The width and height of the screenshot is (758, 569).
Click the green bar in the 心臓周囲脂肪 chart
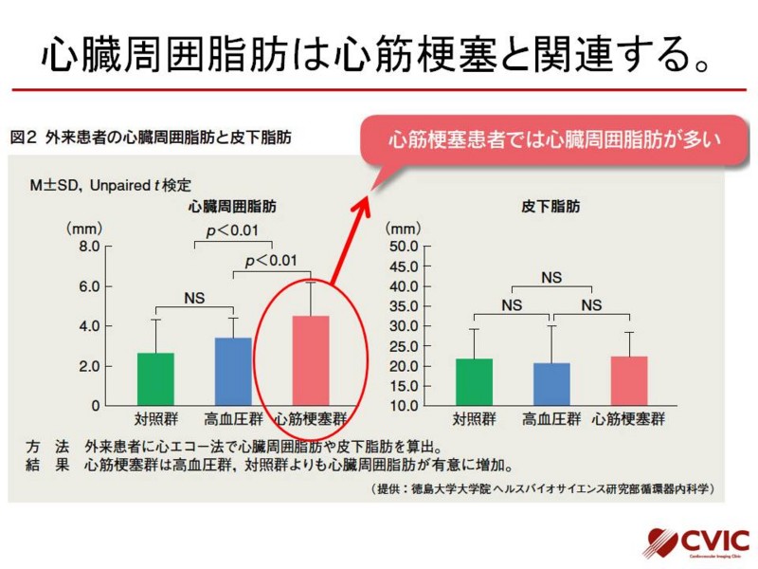point(155,379)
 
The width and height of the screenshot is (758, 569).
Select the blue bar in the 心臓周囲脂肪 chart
point(233,372)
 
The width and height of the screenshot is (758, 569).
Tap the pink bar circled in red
point(311,360)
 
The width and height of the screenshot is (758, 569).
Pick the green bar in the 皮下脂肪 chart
point(475,382)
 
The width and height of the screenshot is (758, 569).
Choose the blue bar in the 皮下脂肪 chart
point(551,384)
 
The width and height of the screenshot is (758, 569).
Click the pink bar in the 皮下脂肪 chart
point(629,381)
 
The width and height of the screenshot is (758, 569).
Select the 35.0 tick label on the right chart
point(405,306)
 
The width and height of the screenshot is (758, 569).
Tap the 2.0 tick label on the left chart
point(89,366)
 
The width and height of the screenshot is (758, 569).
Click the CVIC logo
point(696,542)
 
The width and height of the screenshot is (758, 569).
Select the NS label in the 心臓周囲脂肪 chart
point(194,298)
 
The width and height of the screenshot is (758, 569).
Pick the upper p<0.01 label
point(232,230)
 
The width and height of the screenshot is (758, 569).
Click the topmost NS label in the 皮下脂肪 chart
point(551,278)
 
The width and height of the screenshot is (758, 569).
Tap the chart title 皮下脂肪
point(550,207)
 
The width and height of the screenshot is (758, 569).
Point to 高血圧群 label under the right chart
point(551,418)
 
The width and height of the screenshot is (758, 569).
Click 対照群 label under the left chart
point(155,418)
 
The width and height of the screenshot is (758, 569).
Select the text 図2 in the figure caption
point(23,138)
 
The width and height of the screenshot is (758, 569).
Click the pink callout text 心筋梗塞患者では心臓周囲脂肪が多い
point(554,139)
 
